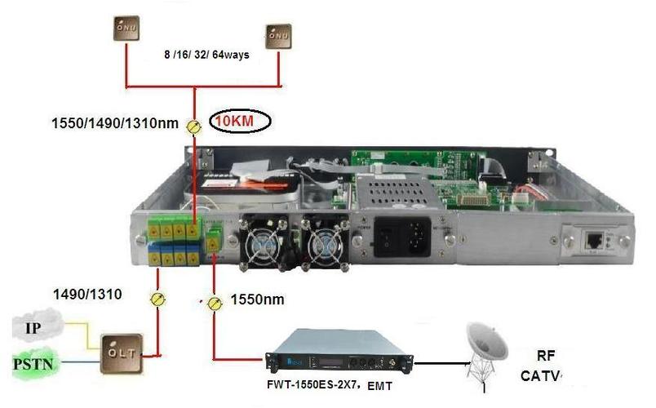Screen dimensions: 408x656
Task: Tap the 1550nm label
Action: click(x=257, y=299)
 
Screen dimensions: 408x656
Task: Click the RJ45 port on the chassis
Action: click(x=593, y=240)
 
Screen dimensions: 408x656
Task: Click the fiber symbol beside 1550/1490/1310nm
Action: click(x=194, y=126)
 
